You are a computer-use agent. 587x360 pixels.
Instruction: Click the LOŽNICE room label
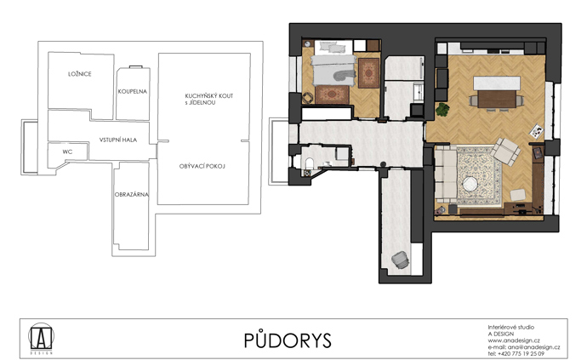[80, 74]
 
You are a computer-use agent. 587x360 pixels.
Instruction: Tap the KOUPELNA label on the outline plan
[133, 91]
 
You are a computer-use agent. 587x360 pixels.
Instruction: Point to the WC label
[67, 151]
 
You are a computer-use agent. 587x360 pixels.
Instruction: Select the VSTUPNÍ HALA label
[118, 140]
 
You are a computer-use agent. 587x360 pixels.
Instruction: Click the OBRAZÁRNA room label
[131, 194]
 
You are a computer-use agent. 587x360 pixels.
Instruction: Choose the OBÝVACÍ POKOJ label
[202, 166]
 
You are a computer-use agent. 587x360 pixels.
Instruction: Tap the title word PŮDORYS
[288, 340]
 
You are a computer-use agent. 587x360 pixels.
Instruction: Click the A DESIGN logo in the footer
[42, 338]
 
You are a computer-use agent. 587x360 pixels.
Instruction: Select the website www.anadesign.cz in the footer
[514, 340]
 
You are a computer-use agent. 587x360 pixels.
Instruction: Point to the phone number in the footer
[516, 354]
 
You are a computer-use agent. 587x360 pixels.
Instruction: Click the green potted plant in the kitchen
[442, 110]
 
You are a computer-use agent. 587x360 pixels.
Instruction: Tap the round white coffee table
[469, 185]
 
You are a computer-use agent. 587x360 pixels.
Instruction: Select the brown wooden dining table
[497, 100]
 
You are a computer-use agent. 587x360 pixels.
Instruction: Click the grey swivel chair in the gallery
[400, 260]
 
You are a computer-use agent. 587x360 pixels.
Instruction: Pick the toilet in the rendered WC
[309, 163]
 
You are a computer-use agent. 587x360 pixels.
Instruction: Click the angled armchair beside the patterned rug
[505, 151]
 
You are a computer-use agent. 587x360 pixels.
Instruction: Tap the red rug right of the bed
[368, 73]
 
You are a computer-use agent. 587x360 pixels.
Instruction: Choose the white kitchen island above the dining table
[497, 83]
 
